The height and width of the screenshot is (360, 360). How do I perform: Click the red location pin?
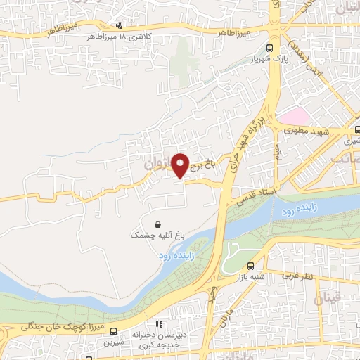(x=181, y=165)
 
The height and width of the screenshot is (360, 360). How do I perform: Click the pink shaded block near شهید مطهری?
(x=294, y=116)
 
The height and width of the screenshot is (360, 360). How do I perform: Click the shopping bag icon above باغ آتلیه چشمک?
(x=148, y=224)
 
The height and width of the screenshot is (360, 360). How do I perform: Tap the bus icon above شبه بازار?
(x=251, y=266)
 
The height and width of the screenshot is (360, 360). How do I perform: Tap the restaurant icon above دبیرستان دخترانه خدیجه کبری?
(x=160, y=325)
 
